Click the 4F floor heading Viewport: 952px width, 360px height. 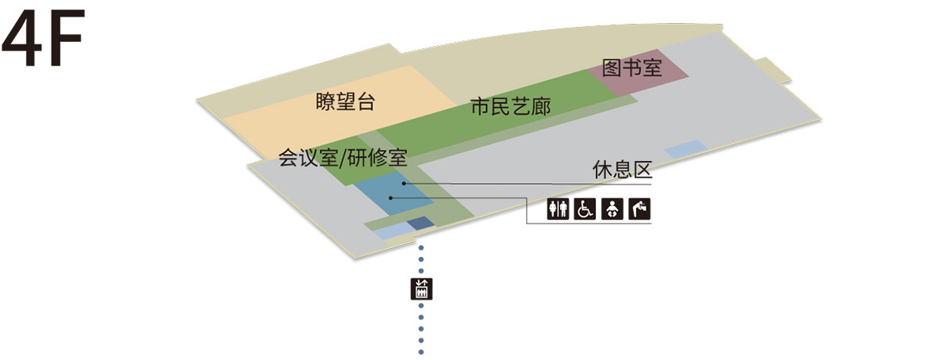pyautogui.click(x=44, y=37)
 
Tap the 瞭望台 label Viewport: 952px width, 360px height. pyautogui.click(x=345, y=102)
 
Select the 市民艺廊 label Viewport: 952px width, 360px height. pyautogui.click(x=510, y=107)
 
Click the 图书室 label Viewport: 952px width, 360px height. pyautogui.click(x=632, y=68)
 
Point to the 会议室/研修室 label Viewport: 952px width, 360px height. pyautogui.click(x=343, y=158)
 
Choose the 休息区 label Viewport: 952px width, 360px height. pyautogui.click(x=622, y=170)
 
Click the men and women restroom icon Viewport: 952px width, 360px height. pyautogui.click(x=558, y=209)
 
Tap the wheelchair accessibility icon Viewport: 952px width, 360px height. pyautogui.click(x=585, y=209)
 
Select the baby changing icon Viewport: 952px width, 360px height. pyautogui.click(x=612, y=209)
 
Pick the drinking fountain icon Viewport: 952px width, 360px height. pyautogui.click(x=639, y=209)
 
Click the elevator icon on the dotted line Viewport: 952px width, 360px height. pyautogui.click(x=421, y=289)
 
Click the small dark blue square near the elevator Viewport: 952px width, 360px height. pyautogui.click(x=420, y=223)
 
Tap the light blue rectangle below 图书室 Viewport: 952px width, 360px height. pyautogui.click(x=685, y=149)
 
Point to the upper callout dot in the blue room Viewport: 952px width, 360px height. pyautogui.click(x=404, y=184)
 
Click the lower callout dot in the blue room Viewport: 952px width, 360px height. pyautogui.click(x=390, y=198)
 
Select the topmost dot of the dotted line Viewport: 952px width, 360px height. pyautogui.click(x=421, y=247)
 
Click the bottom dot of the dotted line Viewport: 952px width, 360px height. pyautogui.click(x=421, y=352)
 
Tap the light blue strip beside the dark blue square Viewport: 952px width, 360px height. pyautogui.click(x=394, y=232)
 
